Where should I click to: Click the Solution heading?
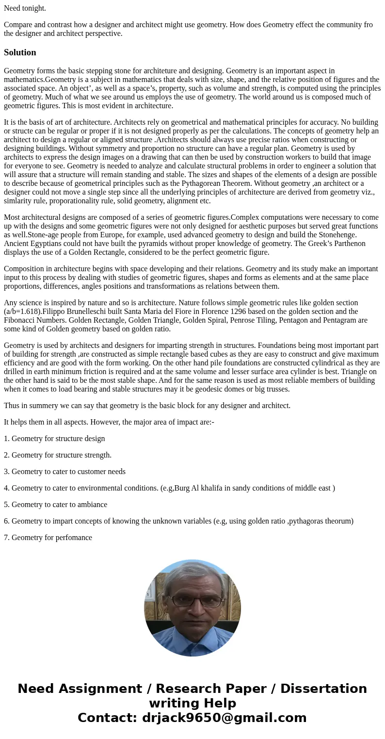[x=20, y=52]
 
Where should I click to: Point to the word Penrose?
[x=237, y=320]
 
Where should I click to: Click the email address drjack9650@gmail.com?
[x=224, y=718]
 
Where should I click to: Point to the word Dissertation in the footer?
[x=323, y=689]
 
